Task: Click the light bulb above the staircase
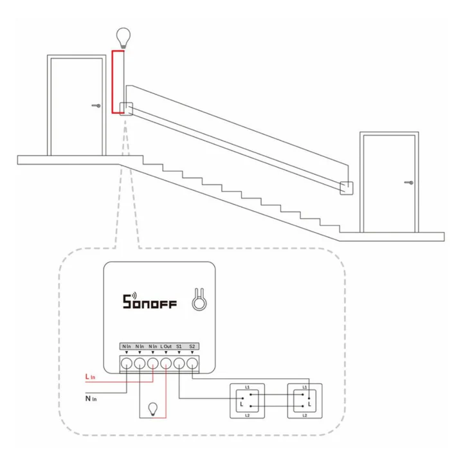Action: pos(123,38)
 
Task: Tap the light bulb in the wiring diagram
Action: pos(152,409)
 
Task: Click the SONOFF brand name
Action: pos(150,301)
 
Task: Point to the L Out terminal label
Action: pos(166,347)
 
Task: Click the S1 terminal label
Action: pos(179,347)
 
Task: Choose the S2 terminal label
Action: pos(192,347)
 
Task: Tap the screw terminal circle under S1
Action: pos(179,363)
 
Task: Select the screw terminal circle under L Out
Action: pos(166,363)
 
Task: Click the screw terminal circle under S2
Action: pos(192,363)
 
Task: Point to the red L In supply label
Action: pos(90,377)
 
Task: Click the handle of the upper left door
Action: pos(96,105)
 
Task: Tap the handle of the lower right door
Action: pos(409,183)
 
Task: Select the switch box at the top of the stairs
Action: pos(127,109)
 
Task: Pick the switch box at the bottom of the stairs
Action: pos(347,188)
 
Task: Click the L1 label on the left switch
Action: pos(247,387)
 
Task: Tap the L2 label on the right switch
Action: pos(304,415)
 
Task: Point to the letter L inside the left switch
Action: pos(242,404)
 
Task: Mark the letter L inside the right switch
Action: pos(309,404)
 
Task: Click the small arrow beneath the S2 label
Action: pos(192,352)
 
